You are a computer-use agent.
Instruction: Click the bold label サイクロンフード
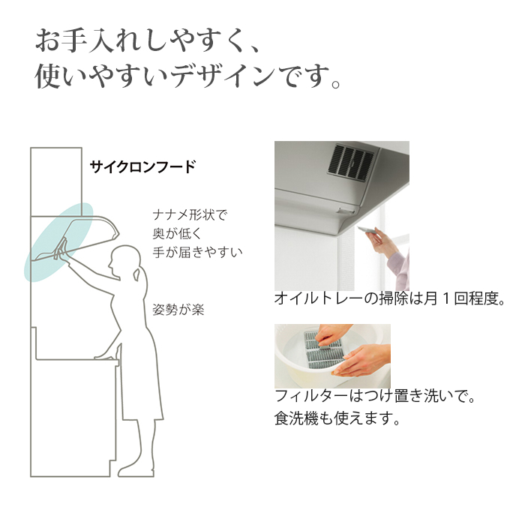(142, 166)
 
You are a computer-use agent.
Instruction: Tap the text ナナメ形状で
(190, 214)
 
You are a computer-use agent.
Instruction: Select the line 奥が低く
(177, 233)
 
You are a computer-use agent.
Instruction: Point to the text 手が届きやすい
(197, 252)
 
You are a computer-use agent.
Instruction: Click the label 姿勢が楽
(178, 310)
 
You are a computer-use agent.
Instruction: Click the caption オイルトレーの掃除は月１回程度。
(390, 298)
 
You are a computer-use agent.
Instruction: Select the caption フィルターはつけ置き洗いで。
(375, 396)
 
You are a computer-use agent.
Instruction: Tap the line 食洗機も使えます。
(337, 418)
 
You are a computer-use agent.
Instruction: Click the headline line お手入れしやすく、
(147, 40)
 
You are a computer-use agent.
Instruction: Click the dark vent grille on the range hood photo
(350, 161)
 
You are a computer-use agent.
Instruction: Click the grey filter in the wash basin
(324, 349)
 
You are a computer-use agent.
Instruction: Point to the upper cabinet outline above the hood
(56, 181)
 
